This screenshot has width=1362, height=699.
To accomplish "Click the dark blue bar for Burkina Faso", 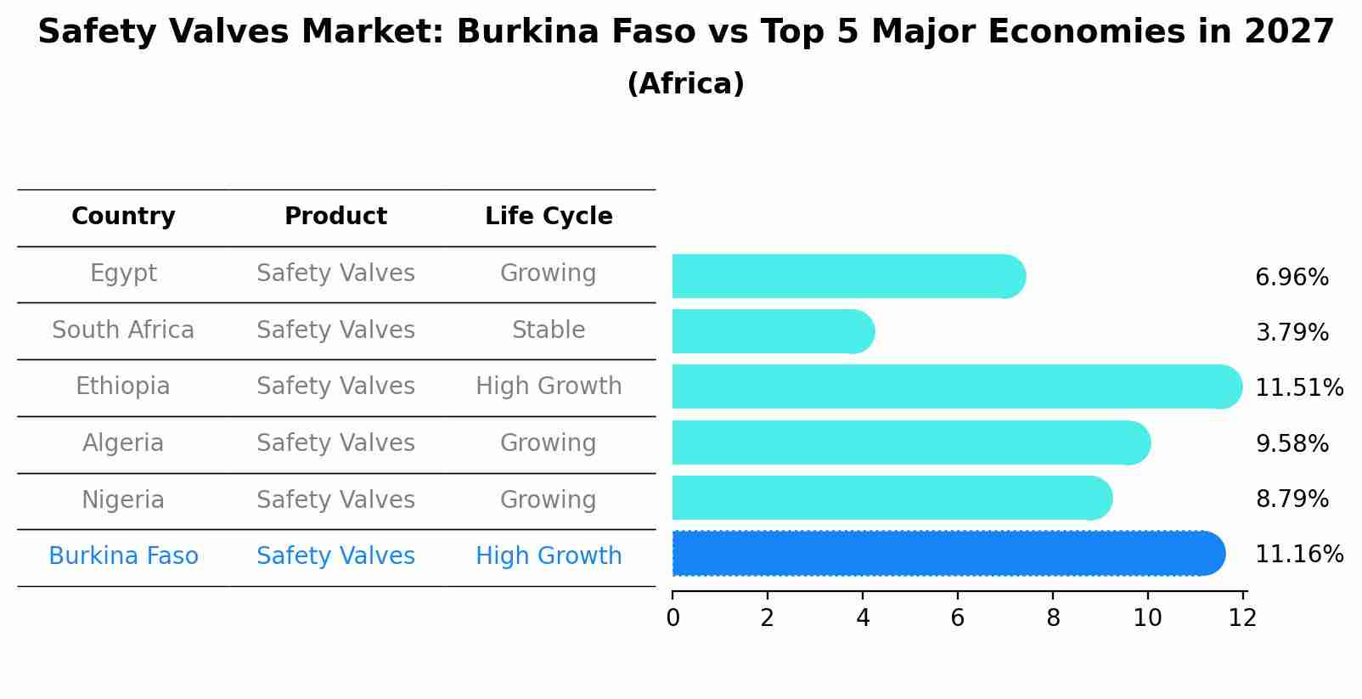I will (x=947, y=554).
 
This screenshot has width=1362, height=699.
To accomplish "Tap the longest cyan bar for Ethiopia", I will (x=955, y=387).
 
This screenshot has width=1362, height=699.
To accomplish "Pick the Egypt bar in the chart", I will (x=847, y=277).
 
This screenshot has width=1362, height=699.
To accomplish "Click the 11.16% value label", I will (x=1298, y=555).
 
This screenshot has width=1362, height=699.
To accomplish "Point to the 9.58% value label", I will (x=1292, y=443).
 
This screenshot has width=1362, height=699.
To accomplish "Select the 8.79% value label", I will (x=1292, y=499).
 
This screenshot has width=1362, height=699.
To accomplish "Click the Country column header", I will (x=123, y=217).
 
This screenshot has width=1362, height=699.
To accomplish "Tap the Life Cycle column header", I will (x=549, y=217).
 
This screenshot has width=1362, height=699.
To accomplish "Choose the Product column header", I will (x=335, y=217).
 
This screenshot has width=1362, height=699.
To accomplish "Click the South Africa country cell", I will (x=123, y=330).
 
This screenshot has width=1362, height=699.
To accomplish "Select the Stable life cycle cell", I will (x=549, y=330).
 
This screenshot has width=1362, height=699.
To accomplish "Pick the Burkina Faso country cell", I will (x=123, y=555).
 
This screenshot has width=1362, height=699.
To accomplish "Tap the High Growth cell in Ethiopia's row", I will (x=549, y=386).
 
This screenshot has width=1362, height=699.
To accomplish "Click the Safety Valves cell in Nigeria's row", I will (x=335, y=499).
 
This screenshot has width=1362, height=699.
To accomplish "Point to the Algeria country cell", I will (x=123, y=443).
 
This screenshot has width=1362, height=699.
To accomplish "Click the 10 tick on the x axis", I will (x=1147, y=617).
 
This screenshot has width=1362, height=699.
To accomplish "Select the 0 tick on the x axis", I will (x=673, y=617).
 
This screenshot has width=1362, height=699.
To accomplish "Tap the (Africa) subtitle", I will (x=685, y=83).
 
